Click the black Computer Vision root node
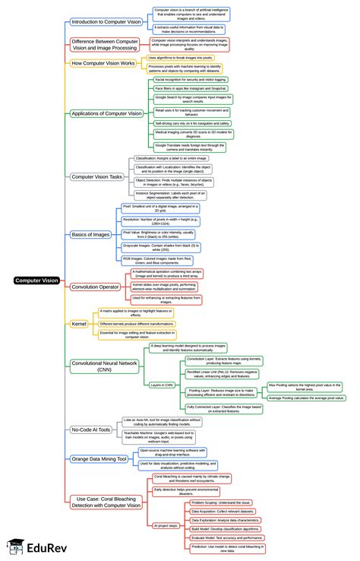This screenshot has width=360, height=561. tap(36, 280)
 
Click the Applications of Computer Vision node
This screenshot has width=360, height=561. tap(106, 113)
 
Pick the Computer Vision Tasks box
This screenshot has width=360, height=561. tap(97, 176)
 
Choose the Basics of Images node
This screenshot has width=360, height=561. tap(91, 234)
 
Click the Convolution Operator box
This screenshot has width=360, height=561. tap(95, 287)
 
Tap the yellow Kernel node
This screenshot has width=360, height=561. tap(80, 323)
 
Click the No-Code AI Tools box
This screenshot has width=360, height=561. tap(91, 429)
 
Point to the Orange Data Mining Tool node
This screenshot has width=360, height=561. tap(99, 459)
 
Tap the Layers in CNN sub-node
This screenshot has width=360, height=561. tap(163, 385)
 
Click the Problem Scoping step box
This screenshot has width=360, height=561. tap(217, 502)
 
